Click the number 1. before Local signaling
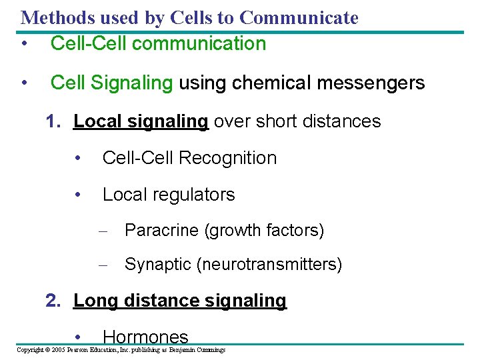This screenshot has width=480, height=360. point(55,121)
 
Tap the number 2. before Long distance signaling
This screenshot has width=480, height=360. point(55,301)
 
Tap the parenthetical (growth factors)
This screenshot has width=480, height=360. point(264,231)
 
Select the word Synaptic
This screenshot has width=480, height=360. point(158,265)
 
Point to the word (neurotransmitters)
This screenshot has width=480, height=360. point(269,265)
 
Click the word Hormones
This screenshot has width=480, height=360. point(146,337)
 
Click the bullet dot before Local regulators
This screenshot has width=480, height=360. point(79,195)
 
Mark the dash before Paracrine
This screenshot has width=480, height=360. point(103,231)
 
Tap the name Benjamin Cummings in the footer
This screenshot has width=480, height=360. point(198,350)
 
